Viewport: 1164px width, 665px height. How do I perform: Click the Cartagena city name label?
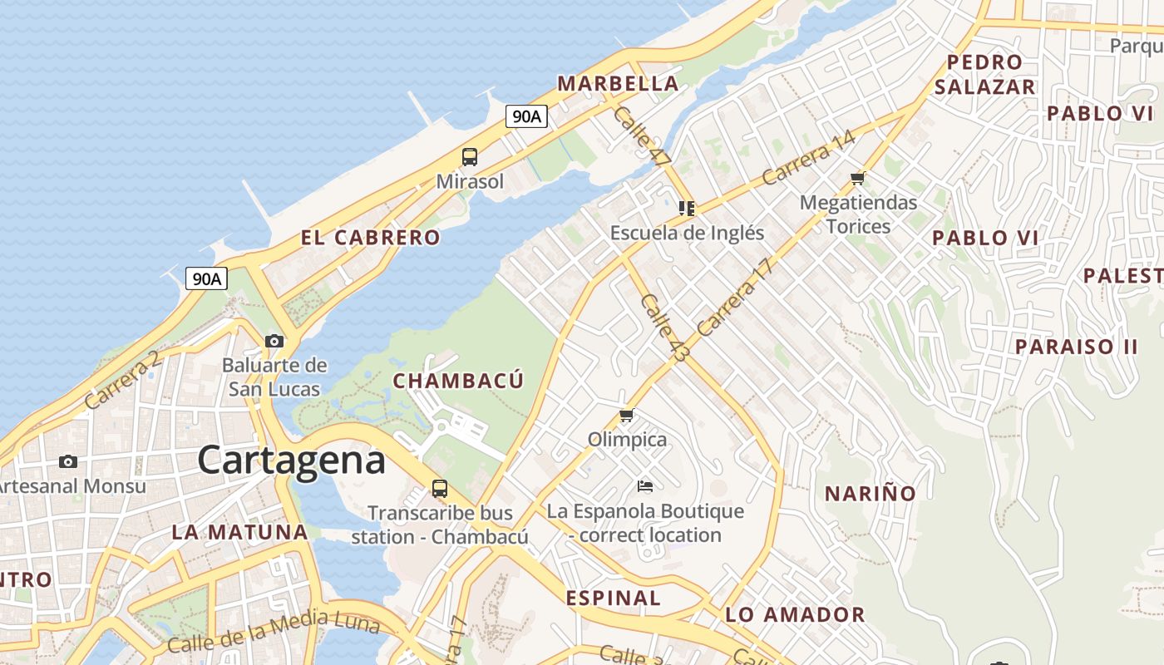(292, 460)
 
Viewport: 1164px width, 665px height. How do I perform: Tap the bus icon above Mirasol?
(470, 156)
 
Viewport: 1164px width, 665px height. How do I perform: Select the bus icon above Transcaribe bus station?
(440, 489)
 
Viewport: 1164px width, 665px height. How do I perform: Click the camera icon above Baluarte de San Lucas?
(274, 341)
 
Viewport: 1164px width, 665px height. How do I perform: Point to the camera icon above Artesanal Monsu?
(68, 461)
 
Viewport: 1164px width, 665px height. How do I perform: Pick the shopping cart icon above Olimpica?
(627, 415)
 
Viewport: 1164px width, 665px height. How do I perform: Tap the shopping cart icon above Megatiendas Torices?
(858, 178)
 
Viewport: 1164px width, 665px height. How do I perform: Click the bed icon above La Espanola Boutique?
(645, 485)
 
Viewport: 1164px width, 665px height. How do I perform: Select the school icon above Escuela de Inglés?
(687, 208)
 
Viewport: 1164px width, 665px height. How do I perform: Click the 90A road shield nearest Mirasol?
(527, 116)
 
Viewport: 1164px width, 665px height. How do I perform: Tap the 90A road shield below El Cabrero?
(206, 278)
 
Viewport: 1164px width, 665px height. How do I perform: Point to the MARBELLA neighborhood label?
(618, 83)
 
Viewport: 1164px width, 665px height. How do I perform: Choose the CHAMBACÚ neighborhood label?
(458, 381)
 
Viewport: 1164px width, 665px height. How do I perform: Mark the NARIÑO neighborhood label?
(870, 493)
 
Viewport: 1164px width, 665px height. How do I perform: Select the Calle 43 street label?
(665, 328)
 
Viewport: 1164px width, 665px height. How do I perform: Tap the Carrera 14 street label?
(807, 158)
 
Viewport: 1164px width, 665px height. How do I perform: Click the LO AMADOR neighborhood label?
(795, 614)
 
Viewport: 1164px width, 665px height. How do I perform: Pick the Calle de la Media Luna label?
(274, 631)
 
